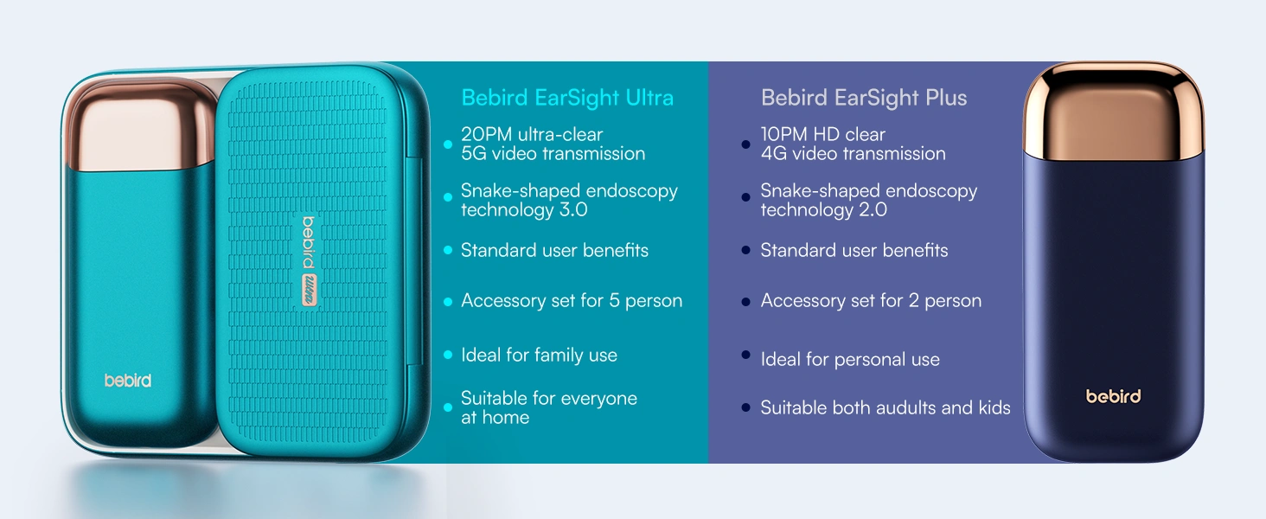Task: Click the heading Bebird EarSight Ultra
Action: click(x=566, y=98)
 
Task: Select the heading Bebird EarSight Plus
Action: click(x=863, y=98)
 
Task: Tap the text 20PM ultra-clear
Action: click(x=531, y=134)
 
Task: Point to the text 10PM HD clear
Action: click(x=822, y=134)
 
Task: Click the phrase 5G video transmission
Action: click(x=553, y=154)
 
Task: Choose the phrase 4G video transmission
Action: click(x=853, y=154)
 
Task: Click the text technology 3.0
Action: click(x=524, y=210)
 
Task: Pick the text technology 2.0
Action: click(x=823, y=210)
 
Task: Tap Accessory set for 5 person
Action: click(x=571, y=301)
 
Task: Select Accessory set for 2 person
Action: click(x=871, y=301)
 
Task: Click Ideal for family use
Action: click(x=539, y=356)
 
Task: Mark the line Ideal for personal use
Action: click(x=849, y=360)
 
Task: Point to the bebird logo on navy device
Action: click(x=1113, y=396)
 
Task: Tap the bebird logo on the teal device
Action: click(x=128, y=381)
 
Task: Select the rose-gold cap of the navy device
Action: click(x=1113, y=108)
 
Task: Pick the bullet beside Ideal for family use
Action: click(x=448, y=356)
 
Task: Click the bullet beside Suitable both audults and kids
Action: click(x=745, y=407)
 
